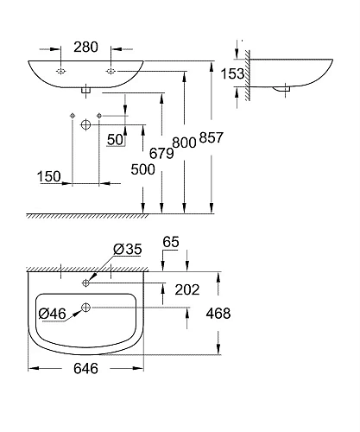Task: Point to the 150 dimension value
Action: pos(49,176)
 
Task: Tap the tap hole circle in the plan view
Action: pos(87,282)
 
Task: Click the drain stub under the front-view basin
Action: pos(86,88)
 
